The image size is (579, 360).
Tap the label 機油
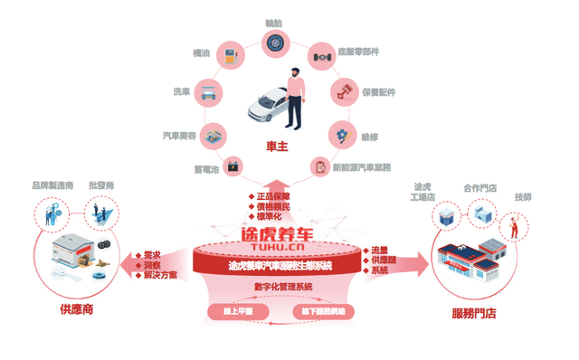click(x=203, y=54)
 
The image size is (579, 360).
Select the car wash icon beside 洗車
click(x=209, y=92)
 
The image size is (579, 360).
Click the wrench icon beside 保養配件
click(x=344, y=91)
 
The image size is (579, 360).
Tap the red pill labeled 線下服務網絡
click(x=321, y=311)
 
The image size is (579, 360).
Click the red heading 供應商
click(x=76, y=309)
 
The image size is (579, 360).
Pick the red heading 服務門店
click(x=472, y=315)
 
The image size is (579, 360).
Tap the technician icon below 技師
click(x=513, y=226)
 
